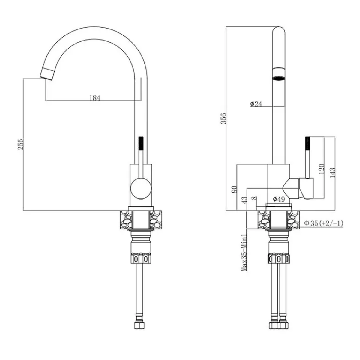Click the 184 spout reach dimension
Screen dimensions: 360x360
pyautogui.click(x=95, y=98)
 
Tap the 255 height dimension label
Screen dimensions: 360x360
pyautogui.click(x=20, y=144)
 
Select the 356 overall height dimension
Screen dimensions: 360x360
pyautogui.click(x=223, y=118)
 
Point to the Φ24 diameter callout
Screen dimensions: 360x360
pyautogui.click(x=256, y=104)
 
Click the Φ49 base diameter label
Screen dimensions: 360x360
pyautogui.click(x=279, y=199)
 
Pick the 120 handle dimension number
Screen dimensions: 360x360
pyautogui.click(x=321, y=169)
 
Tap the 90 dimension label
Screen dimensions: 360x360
pyautogui.click(x=234, y=189)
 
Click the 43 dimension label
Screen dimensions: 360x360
pyautogui.click(x=244, y=200)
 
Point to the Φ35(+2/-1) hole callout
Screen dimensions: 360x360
pyautogui.click(x=324, y=223)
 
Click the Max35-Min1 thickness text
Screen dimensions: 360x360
pyautogui.click(x=244, y=252)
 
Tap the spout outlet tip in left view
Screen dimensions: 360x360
pyautogui.click(x=46, y=74)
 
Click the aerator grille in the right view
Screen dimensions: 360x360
pyautogui.click(x=279, y=79)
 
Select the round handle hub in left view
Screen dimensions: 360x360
pyautogui.click(x=141, y=188)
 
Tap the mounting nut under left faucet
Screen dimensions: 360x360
pyautogui.click(x=141, y=258)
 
